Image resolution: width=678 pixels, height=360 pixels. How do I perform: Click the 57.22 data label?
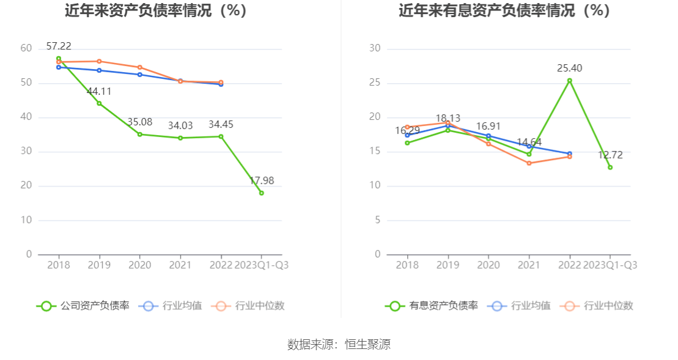click(x=59, y=46)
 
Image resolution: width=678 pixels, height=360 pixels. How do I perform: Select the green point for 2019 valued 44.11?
click(x=99, y=103)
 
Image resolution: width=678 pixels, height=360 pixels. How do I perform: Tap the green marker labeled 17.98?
click(x=262, y=193)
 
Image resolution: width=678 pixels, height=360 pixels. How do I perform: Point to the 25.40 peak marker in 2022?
click(x=569, y=81)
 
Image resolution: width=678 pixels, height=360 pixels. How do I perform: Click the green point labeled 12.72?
click(x=610, y=167)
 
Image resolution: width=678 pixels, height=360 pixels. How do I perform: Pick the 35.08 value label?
click(x=139, y=122)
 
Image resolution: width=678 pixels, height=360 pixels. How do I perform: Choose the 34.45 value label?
click(x=221, y=125)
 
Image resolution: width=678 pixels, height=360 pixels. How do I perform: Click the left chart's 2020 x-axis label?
click(x=139, y=265)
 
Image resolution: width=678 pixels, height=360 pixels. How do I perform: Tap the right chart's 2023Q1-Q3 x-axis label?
click(x=610, y=265)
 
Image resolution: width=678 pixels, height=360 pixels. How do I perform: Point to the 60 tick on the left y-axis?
click(x=26, y=48)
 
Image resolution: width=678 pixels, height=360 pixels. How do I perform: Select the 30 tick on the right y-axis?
click(x=375, y=48)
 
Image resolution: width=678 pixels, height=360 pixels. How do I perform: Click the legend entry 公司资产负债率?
click(x=83, y=306)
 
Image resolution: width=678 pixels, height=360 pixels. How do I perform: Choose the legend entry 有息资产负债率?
click(x=432, y=306)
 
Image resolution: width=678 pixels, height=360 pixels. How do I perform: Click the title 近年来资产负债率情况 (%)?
click(x=156, y=10)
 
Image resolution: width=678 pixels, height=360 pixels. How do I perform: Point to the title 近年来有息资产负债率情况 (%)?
click(x=504, y=10)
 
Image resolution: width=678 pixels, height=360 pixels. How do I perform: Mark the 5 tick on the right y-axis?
click(x=377, y=220)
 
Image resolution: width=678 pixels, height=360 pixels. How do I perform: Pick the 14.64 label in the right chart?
click(x=529, y=142)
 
